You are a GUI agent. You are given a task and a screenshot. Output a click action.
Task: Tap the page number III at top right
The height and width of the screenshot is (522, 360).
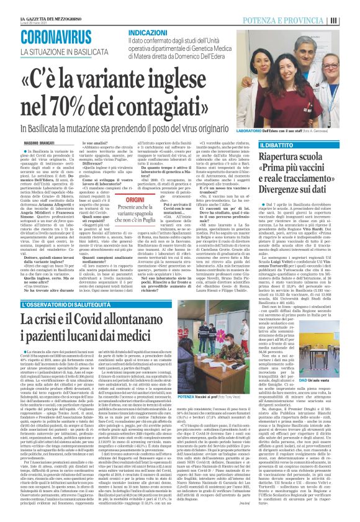(352, 20)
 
